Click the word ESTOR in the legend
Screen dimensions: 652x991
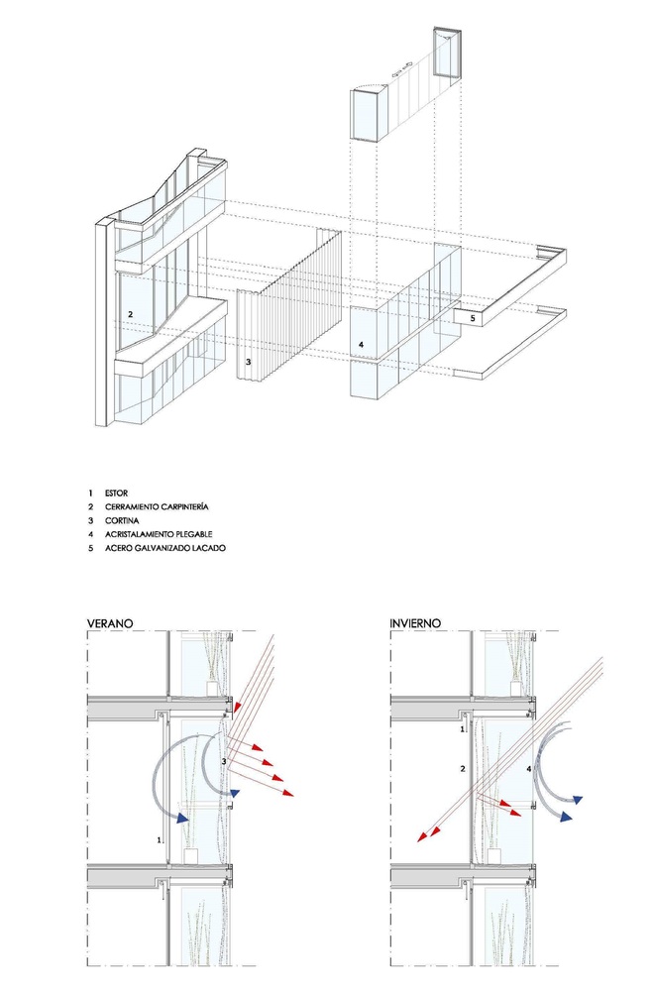[x=116, y=493]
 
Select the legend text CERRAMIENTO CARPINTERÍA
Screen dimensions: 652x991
[x=157, y=506]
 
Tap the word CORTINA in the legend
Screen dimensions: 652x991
[x=122, y=521]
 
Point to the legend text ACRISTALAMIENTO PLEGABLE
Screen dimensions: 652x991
[x=159, y=535]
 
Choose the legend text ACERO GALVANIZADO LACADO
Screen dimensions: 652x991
[x=164, y=548]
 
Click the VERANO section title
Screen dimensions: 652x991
[x=110, y=623]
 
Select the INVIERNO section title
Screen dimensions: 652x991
[x=415, y=623]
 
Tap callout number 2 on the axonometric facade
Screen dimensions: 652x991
[x=130, y=314]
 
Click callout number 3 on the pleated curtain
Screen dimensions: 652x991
[x=249, y=362]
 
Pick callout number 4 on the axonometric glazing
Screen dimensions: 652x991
[x=361, y=345]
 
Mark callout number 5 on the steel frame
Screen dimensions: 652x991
[x=472, y=318]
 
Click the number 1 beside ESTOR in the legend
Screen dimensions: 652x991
[x=90, y=493]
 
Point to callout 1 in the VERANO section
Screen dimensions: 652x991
[x=160, y=840]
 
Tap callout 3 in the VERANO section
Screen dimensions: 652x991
[x=224, y=762]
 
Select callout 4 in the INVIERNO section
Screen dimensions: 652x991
[x=529, y=769]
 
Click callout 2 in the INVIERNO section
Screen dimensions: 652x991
[x=463, y=769]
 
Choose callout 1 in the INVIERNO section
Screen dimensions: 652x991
[x=463, y=729]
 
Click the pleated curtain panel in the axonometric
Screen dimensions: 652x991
[x=288, y=304]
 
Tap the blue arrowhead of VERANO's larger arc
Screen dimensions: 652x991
[x=182, y=818]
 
